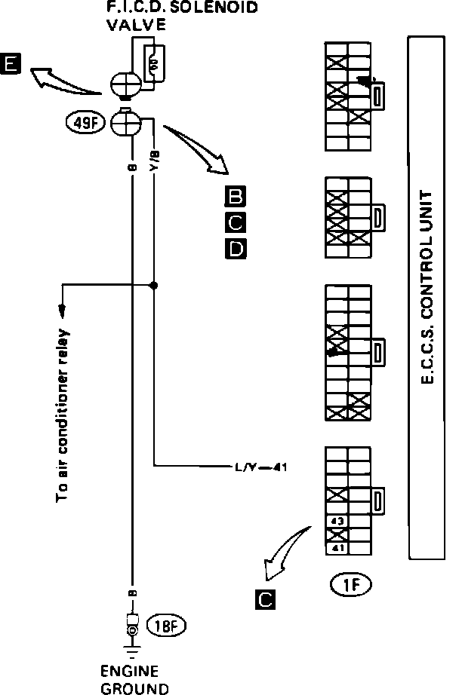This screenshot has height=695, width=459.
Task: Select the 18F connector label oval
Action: [x=167, y=625]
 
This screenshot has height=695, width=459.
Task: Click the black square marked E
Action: [x=11, y=65]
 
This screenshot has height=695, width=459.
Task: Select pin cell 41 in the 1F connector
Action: [x=337, y=548]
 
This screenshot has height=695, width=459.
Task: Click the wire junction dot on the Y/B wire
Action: [x=154, y=286]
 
